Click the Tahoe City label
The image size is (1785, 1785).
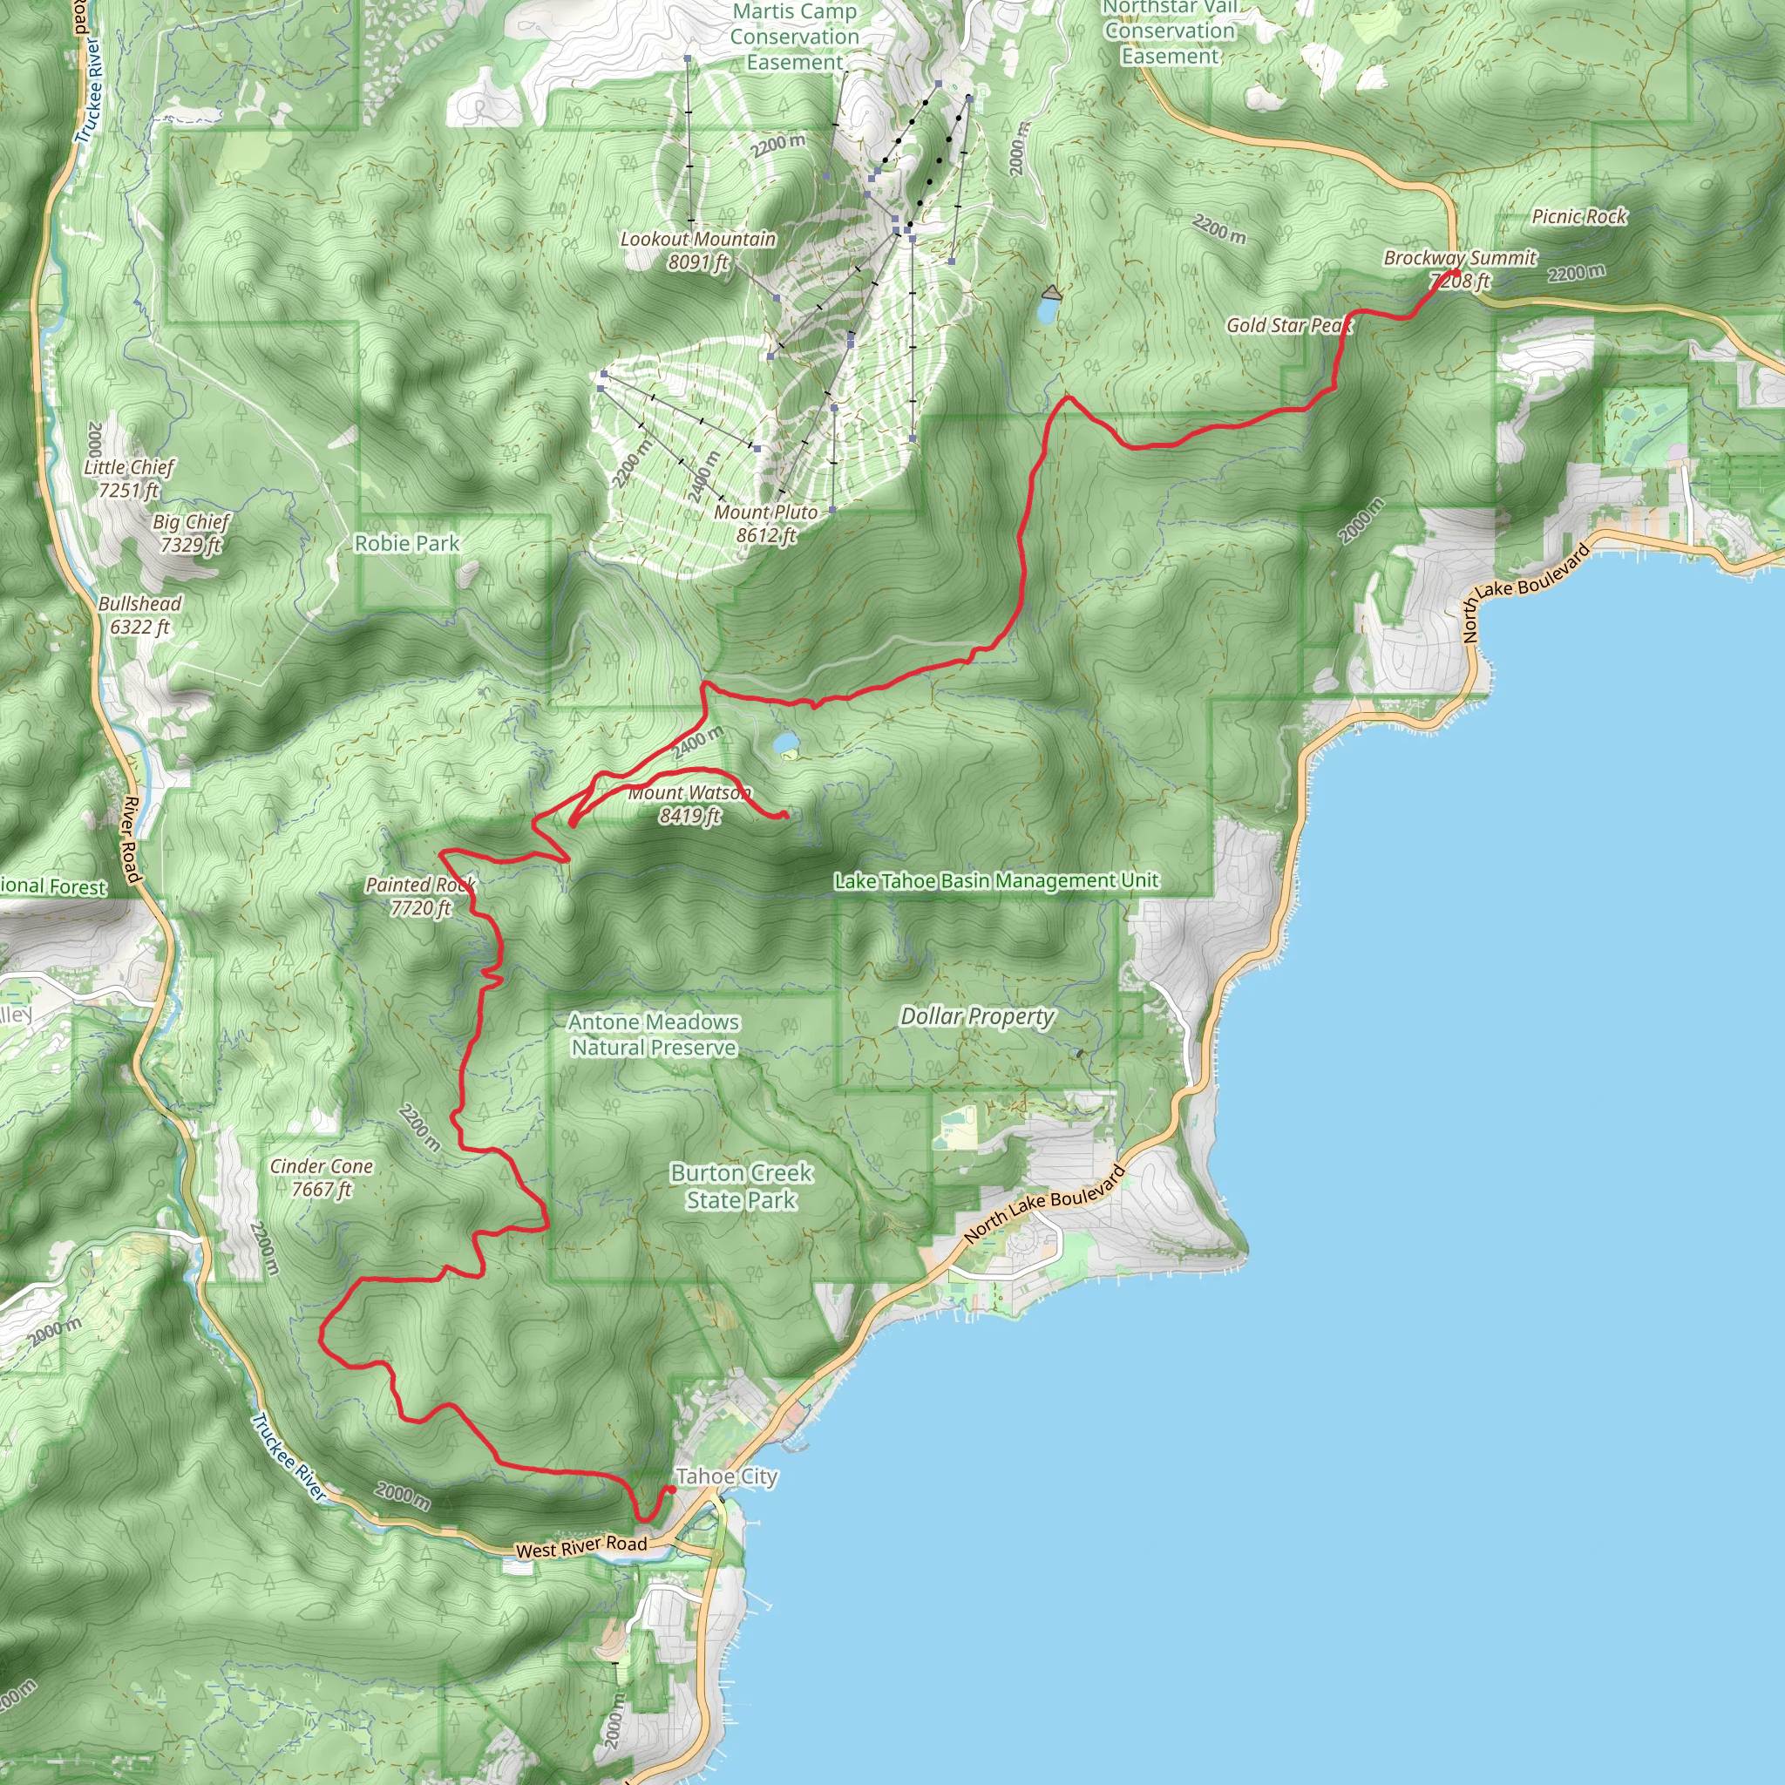click(x=727, y=1476)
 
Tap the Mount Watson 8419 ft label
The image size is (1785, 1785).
click(x=690, y=804)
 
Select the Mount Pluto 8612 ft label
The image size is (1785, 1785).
click(x=766, y=524)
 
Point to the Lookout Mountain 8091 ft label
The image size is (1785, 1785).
click(x=698, y=250)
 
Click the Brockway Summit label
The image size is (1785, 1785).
click(x=1460, y=259)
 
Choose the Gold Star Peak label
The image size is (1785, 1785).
click(x=1289, y=325)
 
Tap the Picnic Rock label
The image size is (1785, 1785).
click(x=1579, y=217)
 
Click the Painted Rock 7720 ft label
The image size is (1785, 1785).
click(x=420, y=896)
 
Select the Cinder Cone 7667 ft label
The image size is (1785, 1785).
click(x=322, y=1178)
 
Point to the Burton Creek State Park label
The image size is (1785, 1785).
click(x=742, y=1186)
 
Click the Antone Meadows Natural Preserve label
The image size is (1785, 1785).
click(x=655, y=1035)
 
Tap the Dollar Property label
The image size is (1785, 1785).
click(x=978, y=1016)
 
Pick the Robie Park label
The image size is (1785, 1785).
click(x=406, y=543)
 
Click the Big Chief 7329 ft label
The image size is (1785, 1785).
click(x=191, y=533)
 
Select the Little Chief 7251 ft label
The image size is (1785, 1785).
click(x=129, y=478)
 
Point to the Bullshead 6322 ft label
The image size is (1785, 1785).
click(x=140, y=615)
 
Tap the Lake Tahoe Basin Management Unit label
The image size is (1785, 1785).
click(x=996, y=880)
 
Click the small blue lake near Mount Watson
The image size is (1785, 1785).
click(x=785, y=742)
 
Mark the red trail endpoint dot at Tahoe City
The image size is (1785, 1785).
click(x=672, y=1490)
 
